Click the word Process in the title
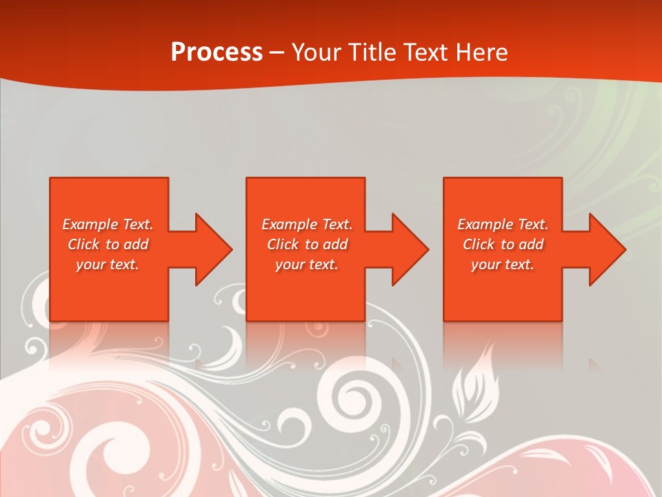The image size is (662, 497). click(217, 52)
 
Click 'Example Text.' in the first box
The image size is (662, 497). click(108, 224)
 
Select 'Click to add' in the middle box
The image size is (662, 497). click(307, 244)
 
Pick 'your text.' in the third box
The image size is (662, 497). click(503, 264)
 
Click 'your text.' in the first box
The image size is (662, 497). click(108, 264)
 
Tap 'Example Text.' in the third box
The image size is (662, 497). click(503, 224)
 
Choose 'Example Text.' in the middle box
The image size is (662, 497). click(307, 224)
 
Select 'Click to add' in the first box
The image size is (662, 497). click(108, 244)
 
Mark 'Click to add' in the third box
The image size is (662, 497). click(503, 244)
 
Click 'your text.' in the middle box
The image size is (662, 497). click(307, 264)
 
